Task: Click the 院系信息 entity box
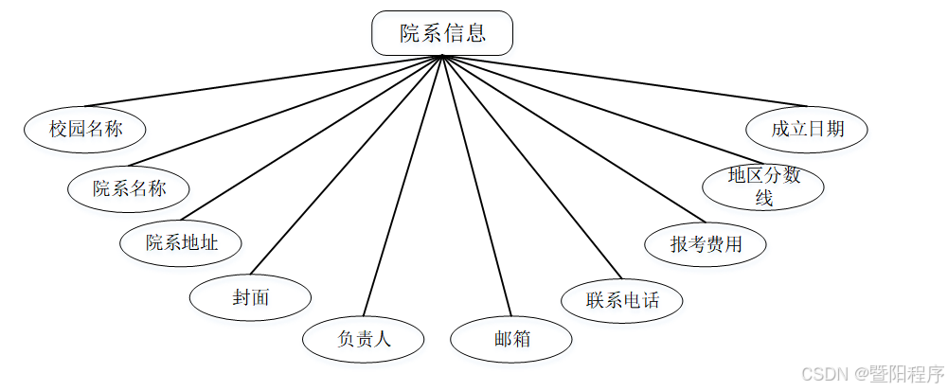click(442, 33)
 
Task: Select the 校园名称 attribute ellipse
click(86, 129)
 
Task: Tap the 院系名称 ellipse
click(129, 187)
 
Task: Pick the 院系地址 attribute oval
click(181, 242)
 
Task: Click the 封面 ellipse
click(251, 297)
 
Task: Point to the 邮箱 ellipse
click(511, 339)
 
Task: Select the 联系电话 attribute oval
click(622, 301)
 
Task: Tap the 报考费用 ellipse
click(706, 244)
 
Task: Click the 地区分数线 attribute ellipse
click(763, 187)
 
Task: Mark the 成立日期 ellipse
click(807, 129)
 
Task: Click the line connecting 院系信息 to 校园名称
click(262, 80)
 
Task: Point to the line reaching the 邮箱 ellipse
click(475, 186)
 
